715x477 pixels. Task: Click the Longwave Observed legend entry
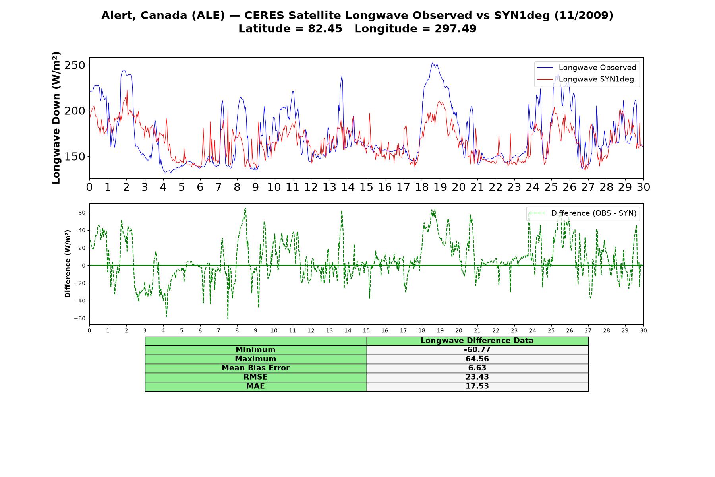coord(587,68)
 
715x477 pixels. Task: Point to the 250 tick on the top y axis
coord(75,65)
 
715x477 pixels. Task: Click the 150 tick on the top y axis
coord(75,157)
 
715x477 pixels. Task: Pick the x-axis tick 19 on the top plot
coord(440,187)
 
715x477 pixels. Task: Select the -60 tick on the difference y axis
coord(79,318)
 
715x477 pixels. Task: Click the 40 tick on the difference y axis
coord(82,230)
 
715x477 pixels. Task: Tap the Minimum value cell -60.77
coord(477,350)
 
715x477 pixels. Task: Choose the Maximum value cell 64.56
coord(477,359)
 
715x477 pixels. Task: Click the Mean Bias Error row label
coord(255,368)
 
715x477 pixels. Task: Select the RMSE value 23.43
coord(477,377)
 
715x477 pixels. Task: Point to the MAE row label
coord(255,386)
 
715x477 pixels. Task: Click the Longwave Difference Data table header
coord(477,341)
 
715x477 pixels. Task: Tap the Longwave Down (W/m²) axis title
coord(56,118)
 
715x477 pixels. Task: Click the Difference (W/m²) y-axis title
coord(68,264)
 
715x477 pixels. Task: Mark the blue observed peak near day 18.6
coord(433,63)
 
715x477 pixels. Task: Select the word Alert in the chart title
coord(116,16)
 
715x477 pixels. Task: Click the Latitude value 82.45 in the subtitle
coord(325,29)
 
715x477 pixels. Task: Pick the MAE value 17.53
coord(477,386)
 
